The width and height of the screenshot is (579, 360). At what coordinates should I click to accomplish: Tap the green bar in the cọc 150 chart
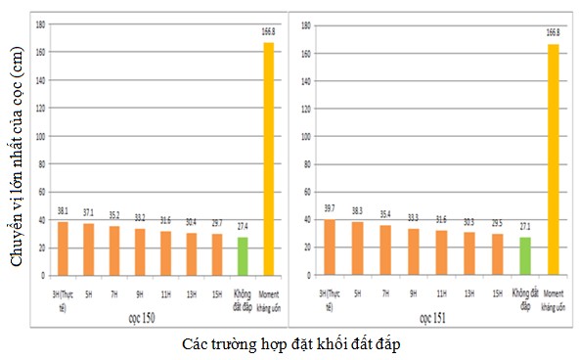click(242, 257)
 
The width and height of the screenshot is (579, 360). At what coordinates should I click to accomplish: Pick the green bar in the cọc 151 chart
click(526, 257)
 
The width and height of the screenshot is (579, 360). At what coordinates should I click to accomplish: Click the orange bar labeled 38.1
click(63, 249)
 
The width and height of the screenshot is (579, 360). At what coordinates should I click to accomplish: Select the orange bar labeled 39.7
click(329, 248)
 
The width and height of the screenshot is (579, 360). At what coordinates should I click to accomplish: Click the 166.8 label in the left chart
click(268, 32)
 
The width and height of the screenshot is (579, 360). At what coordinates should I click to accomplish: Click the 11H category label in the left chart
click(165, 292)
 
